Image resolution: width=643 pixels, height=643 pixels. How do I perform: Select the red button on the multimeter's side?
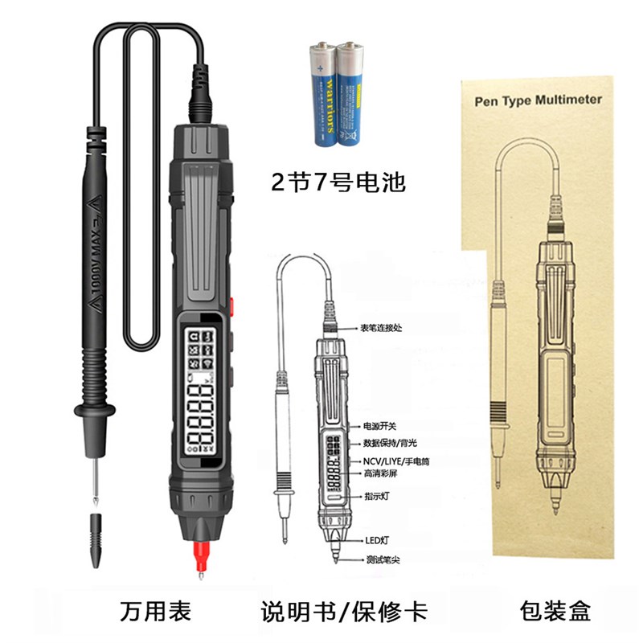(231, 306)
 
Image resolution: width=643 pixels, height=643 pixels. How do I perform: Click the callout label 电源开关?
(378, 426)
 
